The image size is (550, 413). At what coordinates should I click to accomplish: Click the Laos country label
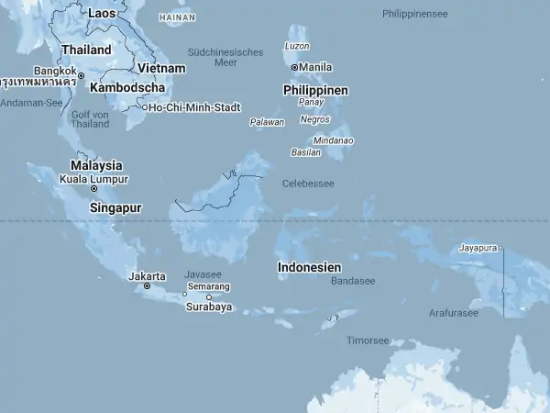coord(102,14)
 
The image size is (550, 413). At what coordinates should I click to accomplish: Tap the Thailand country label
coord(86,50)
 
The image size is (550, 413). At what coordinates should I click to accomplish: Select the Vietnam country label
coord(161,68)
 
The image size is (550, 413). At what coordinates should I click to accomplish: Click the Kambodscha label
coord(127,87)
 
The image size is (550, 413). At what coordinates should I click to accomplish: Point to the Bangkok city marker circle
coord(81,75)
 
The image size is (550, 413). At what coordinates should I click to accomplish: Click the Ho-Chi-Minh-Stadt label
coord(195,107)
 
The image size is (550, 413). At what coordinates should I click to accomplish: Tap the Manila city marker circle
coord(294,67)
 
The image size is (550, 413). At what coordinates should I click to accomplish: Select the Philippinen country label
coord(315,90)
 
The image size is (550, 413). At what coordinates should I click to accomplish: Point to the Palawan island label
coord(268,122)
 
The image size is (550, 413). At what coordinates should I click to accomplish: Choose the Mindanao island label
coord(334,140)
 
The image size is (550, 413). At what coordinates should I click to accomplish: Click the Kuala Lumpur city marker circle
coord(93,189)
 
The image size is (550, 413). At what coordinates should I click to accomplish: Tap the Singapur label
coord(115,207)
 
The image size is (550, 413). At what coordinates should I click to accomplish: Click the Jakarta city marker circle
coord(147,286)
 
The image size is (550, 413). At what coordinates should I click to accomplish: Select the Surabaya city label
coord(209,307)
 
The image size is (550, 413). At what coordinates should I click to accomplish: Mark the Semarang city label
coord(209,286)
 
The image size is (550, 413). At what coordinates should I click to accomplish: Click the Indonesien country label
coord(310,267)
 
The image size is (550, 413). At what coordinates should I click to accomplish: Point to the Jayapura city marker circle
coord(501,248)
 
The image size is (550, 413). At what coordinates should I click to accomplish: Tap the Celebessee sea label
coord(308,184)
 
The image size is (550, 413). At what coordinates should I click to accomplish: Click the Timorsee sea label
coord(368,340)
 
